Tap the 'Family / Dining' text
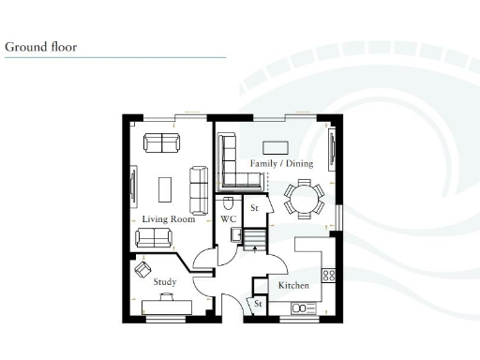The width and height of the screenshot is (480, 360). click(280, 163)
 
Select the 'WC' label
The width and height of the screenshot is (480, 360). click(227, 219)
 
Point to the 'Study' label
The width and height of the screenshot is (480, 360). click(164, 281)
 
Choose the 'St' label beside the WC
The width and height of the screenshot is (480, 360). click(253, 207)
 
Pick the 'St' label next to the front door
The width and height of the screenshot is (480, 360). click(256, 304)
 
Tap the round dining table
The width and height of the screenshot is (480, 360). click(302, 199)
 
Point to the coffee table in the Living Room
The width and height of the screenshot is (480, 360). click(165, 188)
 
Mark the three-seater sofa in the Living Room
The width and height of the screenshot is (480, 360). click(199, 188)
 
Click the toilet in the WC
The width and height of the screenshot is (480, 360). click(228, 202)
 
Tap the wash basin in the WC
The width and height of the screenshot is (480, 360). click(239, 235)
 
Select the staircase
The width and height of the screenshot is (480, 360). click(255, 239)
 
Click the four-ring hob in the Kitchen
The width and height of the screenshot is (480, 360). click(329, 276)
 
